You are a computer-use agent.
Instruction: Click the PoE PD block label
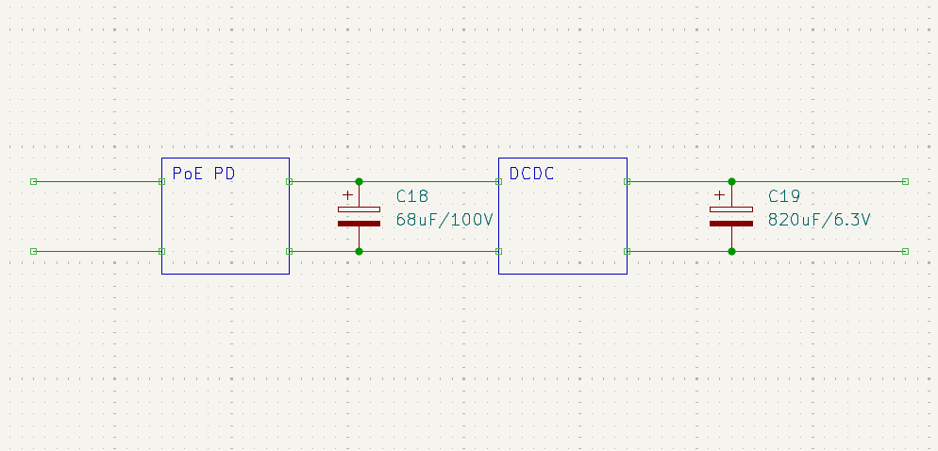click(203, 174)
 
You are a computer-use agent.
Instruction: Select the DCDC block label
click(531, 174)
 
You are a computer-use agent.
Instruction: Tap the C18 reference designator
click(411, 196)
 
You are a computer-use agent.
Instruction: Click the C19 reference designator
click(784, 196)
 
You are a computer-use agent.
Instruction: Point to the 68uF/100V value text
click(444, 220)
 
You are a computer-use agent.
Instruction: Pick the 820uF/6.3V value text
click(819, 220)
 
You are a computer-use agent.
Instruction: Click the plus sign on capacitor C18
click(347, 195)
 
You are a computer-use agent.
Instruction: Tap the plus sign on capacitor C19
click(720, 195)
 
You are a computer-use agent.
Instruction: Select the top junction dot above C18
click(359, 181)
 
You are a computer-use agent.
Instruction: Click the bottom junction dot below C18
click(359, 251)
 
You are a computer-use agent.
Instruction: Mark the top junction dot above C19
click(731, 181)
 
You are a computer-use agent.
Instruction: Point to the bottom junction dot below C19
click(731, 251)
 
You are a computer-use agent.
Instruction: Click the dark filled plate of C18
click(359, 224)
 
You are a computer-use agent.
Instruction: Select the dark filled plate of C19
click(731, 224)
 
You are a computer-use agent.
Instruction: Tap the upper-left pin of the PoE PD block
click(162, 181)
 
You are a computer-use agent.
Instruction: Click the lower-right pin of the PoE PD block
click(289, 251)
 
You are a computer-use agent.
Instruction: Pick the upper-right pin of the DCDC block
click(627, 181)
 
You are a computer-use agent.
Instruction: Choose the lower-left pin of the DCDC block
click(498, 251)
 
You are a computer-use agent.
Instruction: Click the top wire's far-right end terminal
click(905, 181)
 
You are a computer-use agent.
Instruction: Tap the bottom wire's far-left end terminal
click(33, 251)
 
